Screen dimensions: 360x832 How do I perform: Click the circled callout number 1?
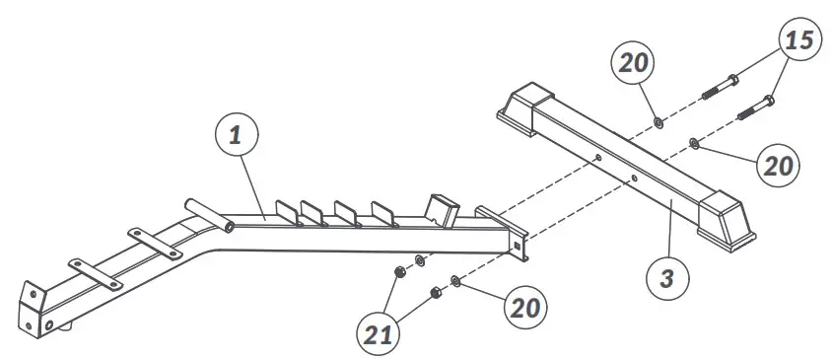pyautogui.click(x=236, y=138)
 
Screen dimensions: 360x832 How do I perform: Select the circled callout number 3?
pyautogui.click(x=667, y=279)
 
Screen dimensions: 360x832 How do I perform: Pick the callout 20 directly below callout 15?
pyautogui.click(x=779, y=165)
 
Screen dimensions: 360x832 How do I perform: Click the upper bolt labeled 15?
pyautogui.click(x=725, y=85)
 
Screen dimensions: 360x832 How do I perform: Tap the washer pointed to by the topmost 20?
pyautogui.click(x=659, y=122)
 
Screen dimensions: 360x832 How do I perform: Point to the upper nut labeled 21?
pyautogui.click(x=398, y=271)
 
